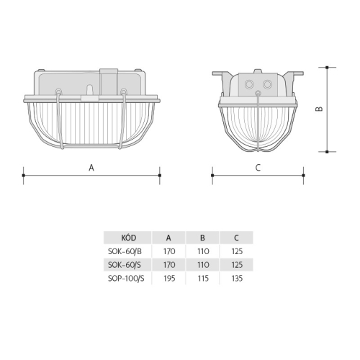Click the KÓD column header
click(x=129, y=238)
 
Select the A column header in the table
click(x=168, y=238)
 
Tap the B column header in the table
click(x=202, y=238)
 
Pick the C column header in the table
click(x=236, y=238)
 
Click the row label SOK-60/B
click(x=125, y=251)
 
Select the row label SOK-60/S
click(x=125, y=265)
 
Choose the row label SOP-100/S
click(x=126, y=279)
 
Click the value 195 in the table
click(x=169, y=279)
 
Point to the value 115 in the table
click(x=203, y=279)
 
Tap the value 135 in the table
click(x=237, y=279)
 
